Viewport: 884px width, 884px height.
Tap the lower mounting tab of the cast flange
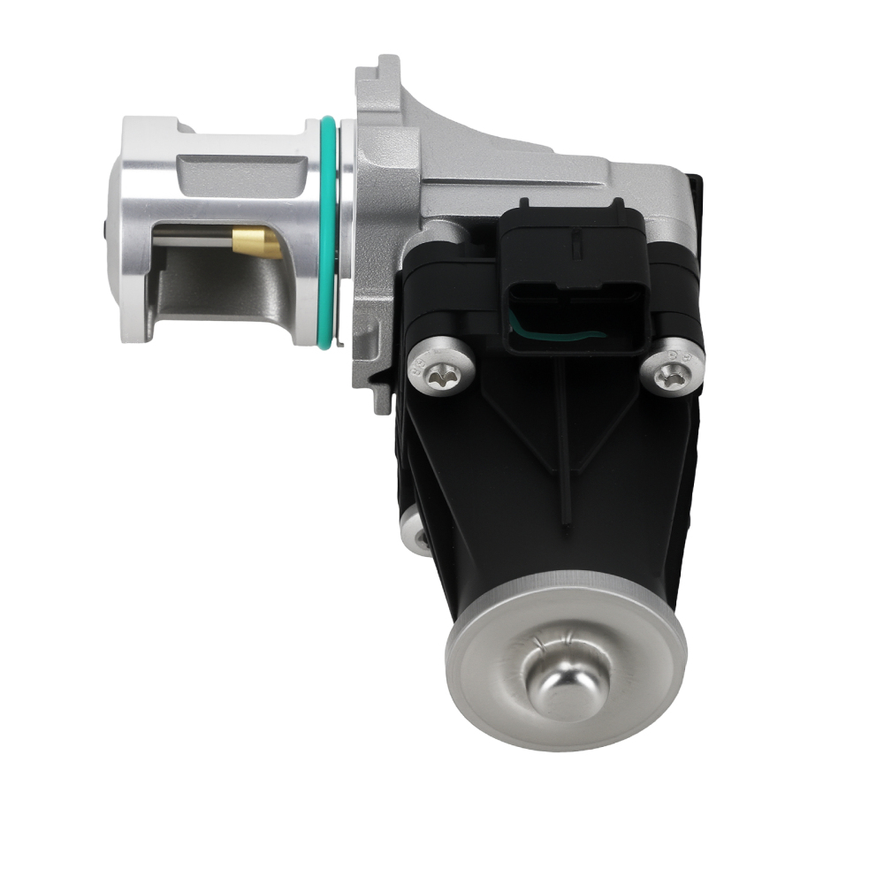[382, 393]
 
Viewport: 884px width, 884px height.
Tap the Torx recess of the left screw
[438, 378]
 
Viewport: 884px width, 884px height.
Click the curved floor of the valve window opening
[212, 292]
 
